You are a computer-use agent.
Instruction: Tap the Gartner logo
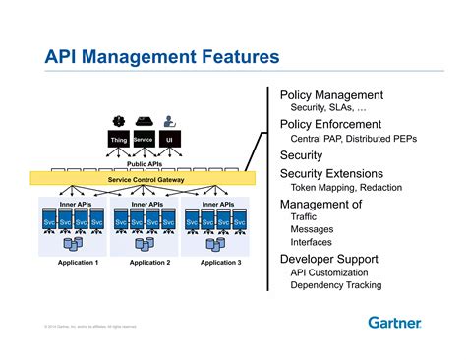click(x=395, y=322)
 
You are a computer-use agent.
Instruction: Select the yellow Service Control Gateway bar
click(x=143, y=179)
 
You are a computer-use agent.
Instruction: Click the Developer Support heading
click(x=330, y=258)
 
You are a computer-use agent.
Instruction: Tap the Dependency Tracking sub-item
click(x=335, y=285)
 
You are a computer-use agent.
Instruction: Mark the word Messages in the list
click(x=312, y=230)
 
